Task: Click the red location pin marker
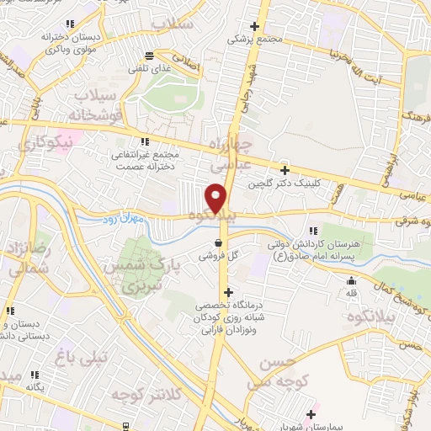pyautogui.click(x=216, y=198)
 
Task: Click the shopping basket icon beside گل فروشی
pyautogui.click(x=218, y=240)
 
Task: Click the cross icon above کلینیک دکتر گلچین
pyautogui.click(x=285, y=170)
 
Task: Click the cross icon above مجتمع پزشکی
pyautogui.click(x=255, y=26)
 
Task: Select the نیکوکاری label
pyautogui.click(x=47, y=143)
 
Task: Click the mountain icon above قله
pyautogui.click(x=352, y=280)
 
